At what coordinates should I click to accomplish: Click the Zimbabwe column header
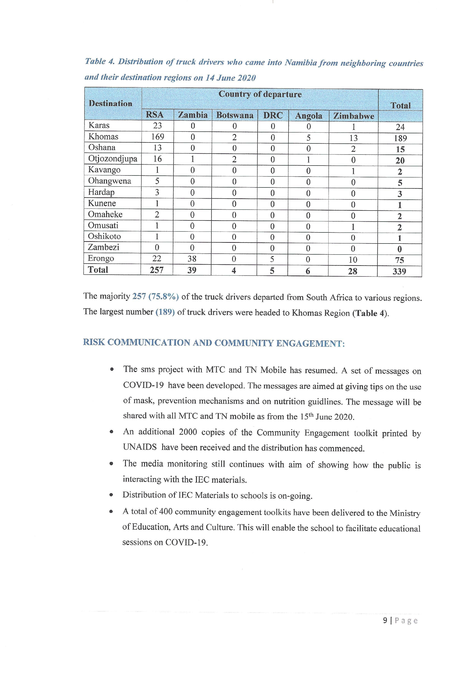tap(353, 116)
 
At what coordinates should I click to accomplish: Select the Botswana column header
tap(235, 115)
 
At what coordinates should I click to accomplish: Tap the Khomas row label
tap(103, 137)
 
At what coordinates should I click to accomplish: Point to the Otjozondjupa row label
tap(113, 159)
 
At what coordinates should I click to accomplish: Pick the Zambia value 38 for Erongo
tap(192, 259)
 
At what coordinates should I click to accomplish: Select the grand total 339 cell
tap(399, 271)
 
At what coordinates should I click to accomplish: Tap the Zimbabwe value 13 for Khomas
tap(353, 138)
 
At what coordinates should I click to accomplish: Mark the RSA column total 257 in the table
tap(157, 270)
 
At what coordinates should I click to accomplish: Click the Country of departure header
tap(260, 94)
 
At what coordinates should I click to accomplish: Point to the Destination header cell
tap(111, 103)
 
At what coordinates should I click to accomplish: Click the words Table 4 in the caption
tap(99, 61)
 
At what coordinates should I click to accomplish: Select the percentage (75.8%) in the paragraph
tap(164, 297)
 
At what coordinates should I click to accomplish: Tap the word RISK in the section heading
tap(94, 342)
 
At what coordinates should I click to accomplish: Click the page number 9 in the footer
tap(385, 620)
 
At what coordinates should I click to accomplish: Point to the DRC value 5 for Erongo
tap(272, 259)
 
